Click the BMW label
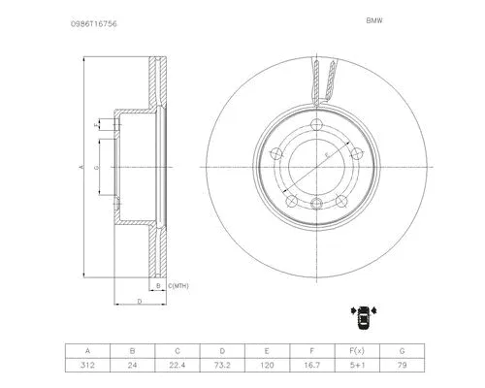point(373,18)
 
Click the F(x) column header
point(356,350)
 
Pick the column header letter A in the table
point(89,350)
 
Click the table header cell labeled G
point(401,350)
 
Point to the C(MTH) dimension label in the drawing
point(178,287)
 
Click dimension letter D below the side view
point(139,304)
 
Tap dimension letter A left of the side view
point(81,167)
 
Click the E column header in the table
point(267,350)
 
